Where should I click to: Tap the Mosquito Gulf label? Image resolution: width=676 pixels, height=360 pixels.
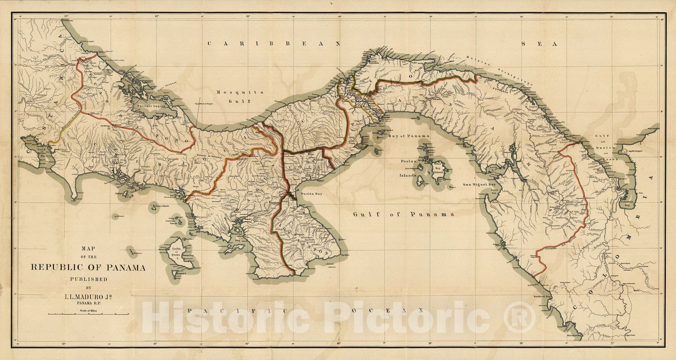coord(234,97)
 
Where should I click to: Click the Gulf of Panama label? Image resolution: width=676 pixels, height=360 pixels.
coord(403,214)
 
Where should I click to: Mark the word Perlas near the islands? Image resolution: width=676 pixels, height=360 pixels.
coord(409,161)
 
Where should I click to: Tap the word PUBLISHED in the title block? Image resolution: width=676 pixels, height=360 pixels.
coord(88,279)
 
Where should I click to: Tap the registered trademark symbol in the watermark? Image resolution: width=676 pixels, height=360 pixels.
coord(521,317)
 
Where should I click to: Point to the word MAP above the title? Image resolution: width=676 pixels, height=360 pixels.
coord(88,249)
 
